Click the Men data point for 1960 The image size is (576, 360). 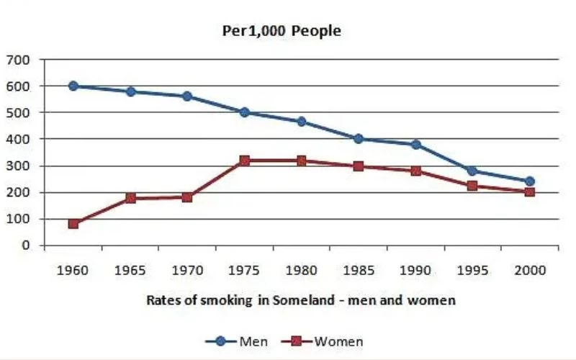[73, 86]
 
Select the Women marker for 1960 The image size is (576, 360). [73, 224]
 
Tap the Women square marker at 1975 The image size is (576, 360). [244, 161]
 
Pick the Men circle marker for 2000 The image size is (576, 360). [529, 181]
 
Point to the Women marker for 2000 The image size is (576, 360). [529, 192]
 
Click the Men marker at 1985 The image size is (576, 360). [358, 139]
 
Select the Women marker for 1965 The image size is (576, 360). [130, 198]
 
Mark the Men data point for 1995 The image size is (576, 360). [472, 171]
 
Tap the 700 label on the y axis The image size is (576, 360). [19, 60]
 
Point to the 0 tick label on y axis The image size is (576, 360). [26, 246]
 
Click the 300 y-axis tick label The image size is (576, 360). [19, 166]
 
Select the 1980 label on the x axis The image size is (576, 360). [301, 271]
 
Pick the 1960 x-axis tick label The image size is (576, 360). [73, 271]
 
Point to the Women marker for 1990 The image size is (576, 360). [415, 171]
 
